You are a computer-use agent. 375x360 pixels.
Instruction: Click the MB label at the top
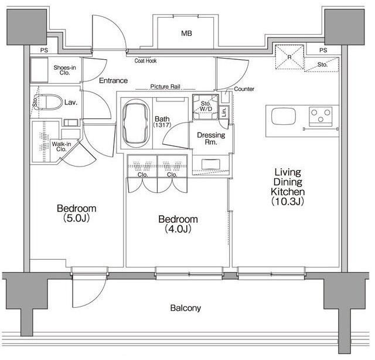point(186,33)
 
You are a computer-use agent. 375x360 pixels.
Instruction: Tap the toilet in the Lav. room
point(49,102)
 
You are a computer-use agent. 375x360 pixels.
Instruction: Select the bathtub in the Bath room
point(136,124)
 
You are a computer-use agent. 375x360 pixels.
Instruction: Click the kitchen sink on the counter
point(284,116)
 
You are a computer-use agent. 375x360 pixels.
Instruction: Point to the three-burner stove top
point(321,116)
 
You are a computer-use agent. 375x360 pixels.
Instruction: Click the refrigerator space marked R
point(289,57)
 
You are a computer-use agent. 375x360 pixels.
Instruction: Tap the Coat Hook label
point(145,61)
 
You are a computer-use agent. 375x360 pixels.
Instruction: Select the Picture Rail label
point(165,86)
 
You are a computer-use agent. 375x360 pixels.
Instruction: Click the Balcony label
point(186,308)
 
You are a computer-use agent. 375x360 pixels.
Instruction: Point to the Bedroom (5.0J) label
point(77,213)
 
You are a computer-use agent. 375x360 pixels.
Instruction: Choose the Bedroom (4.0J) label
point(178,224)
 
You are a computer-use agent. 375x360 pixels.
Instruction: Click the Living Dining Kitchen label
point(288,186)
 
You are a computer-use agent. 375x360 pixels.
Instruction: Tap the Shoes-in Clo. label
point(64,70)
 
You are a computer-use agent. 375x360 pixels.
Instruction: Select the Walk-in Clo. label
point(62,147)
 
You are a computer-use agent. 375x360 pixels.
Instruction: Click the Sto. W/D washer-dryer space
point(206,107)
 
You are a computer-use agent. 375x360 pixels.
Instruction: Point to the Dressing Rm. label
point(211,138)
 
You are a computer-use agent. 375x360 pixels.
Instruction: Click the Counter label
point(244,89)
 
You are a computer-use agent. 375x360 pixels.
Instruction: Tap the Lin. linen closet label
point(224,111)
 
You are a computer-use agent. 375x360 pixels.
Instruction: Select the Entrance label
point(113,80)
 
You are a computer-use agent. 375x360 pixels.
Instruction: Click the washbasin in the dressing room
point(211,164)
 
